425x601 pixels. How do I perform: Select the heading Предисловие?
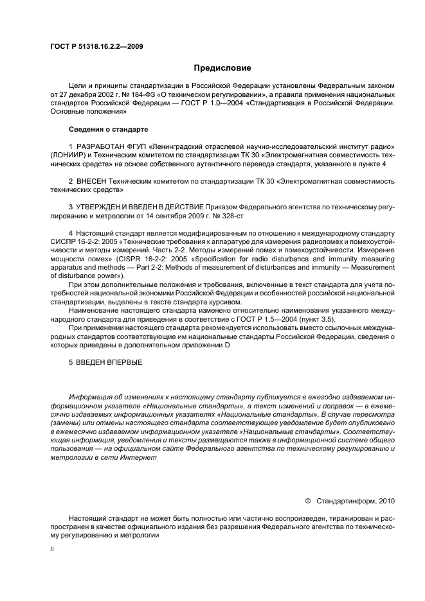point(222,67)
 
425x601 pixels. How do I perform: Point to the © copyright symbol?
point(307,500)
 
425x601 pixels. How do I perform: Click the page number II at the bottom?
point(53,549)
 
